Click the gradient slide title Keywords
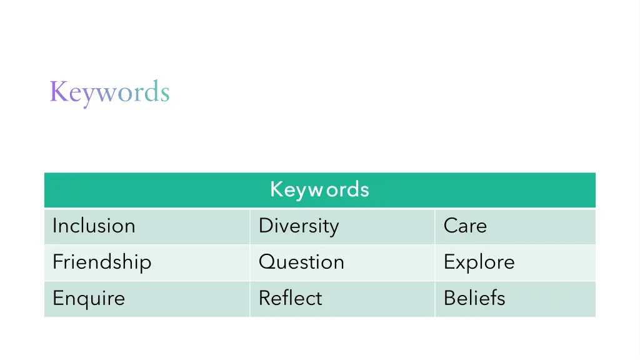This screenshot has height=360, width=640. [x=109, y=92]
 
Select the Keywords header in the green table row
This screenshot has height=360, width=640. [x=319, y=189]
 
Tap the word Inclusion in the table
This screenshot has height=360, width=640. [x=94, y=226]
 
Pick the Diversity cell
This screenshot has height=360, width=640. [x=299, y=226]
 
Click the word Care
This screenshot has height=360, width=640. [x=465, y=226]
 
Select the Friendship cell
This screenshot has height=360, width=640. [x=102, y=262]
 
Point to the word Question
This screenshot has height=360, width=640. [x=301, y=262]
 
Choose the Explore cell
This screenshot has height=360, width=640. [x=479, y=262]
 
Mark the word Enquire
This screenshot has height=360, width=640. [x=89, y=298]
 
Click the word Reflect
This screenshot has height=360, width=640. [x=290, y=298]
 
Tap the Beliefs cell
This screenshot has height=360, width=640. [x=474, y=298]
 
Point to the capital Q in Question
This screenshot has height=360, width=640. [x=266, y=262]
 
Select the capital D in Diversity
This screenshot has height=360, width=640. [x=265, y=226]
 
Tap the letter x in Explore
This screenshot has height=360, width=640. [x=459, y=262]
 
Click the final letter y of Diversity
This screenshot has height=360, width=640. [x=334, y=228]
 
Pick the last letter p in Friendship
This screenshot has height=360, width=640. [x=146, y=264]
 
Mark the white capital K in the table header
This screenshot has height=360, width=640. [x=276, y=189]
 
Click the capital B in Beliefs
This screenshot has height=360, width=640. [x=449, y=298]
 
